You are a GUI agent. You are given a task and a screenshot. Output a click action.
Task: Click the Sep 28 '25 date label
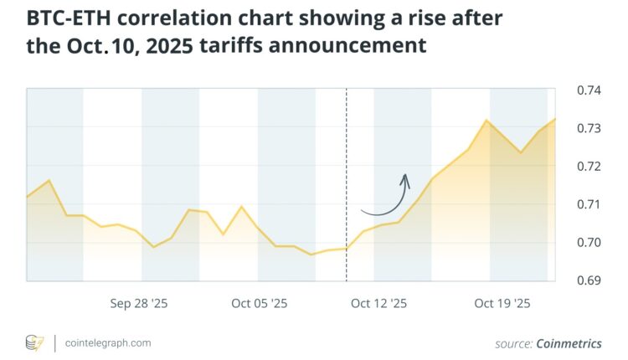tap(139, 304)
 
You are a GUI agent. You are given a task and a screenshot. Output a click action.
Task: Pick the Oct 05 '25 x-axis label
tap(259, 304)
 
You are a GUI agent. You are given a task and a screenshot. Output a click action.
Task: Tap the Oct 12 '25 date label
tap(378, 304)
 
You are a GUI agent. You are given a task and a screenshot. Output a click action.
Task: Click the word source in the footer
tap(512, 342)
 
